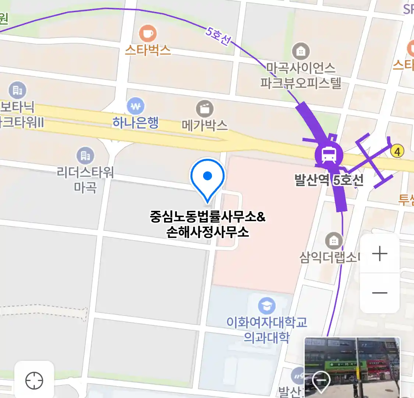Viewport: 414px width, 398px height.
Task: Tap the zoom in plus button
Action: [380, 254]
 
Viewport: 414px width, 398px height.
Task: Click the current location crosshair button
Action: [34, 380]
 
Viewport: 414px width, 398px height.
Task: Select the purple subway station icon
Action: [329, 155]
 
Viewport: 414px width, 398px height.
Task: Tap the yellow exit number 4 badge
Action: [397, 151]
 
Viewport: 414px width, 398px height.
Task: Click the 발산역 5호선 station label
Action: [329, 180]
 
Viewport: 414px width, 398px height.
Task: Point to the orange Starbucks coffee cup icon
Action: [148, 34]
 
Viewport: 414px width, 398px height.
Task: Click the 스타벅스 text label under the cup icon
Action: [148, 50]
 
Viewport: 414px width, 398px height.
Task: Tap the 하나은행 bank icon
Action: [135, 107]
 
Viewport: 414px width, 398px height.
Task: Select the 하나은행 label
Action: [135, 123]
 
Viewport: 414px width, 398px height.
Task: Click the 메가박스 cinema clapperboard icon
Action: [205, 109]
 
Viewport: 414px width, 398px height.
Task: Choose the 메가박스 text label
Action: [205, 125]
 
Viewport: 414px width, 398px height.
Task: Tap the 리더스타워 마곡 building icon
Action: [85, 156]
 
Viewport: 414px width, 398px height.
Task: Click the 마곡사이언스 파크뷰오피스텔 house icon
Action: [301, 52]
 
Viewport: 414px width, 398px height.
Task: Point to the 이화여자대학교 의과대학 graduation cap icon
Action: [266, 306]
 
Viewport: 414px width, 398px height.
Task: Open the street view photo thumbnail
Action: [352, 367]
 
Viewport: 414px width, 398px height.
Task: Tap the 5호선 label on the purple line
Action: [218, 36]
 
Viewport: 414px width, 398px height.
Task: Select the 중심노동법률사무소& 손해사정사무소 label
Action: [208, 224]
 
